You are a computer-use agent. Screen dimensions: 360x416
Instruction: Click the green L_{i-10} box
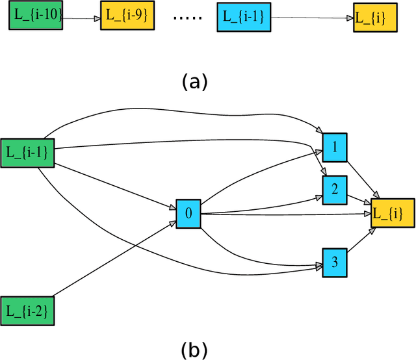tap(36, 17)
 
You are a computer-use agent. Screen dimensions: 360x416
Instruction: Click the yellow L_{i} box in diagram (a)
tap(373, 18)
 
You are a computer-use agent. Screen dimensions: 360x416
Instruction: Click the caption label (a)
tap(194, 81)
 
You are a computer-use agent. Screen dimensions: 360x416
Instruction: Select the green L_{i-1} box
tap(27, 152)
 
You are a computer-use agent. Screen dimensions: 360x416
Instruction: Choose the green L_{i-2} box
tap(27, 309)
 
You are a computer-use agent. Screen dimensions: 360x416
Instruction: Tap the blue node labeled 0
tap(188, 213)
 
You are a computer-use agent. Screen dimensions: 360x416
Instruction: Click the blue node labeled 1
tap(335, 147)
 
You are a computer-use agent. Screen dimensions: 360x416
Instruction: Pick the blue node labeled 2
tap(335, 188)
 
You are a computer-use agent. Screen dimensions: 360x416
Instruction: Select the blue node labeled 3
tap(335, 262)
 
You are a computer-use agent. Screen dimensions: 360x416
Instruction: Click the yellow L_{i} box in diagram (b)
tap(392, 214)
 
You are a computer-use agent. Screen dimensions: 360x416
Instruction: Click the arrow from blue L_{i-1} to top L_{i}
tap(309, 18)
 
